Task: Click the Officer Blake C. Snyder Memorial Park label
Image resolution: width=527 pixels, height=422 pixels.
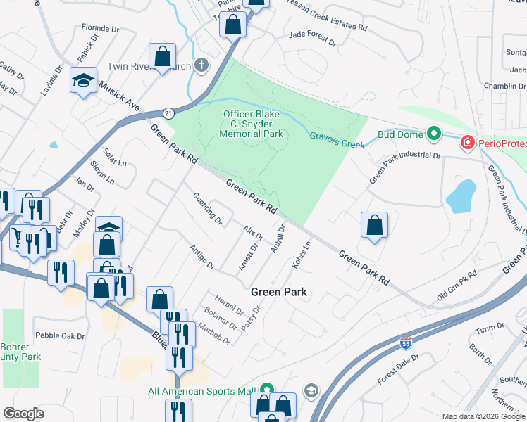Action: [252, 124]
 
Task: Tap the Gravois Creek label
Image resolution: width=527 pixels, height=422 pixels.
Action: [337, 140]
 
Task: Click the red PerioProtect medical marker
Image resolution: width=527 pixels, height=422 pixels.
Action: [466, 143]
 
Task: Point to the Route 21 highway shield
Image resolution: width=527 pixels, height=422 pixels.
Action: [168, 113]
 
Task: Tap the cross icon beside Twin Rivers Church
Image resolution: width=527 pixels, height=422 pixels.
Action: [201, 66]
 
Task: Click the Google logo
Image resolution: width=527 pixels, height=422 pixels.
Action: [24, 413]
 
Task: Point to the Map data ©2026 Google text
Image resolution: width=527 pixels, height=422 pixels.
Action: [483, 416]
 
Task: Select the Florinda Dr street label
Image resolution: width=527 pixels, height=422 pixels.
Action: [100, 28]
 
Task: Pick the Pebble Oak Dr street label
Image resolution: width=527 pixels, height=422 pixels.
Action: [60, 336]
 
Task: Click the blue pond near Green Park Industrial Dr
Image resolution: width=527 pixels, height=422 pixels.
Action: [459, 196]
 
